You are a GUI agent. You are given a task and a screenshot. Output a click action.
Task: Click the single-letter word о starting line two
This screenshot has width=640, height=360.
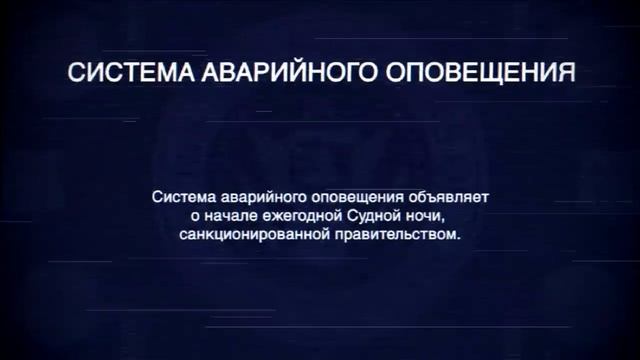[x=193, y=216]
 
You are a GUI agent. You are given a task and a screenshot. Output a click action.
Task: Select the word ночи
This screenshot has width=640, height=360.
[x=422, y=216]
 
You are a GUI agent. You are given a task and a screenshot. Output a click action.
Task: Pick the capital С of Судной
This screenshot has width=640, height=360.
[x=346, y=216]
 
